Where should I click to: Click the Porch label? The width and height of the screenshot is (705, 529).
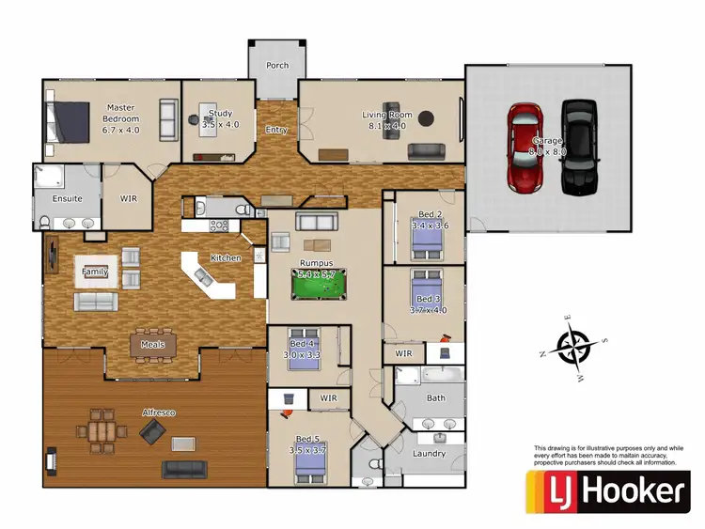coord(277,66)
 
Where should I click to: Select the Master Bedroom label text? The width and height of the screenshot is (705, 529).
coord(121,119)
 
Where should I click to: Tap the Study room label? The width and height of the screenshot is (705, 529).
coord(220,119)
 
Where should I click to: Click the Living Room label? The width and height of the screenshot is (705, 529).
coord(387,119)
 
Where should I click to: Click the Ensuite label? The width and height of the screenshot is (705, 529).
coord(67,198)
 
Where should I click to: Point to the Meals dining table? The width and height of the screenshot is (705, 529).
coord(152,339)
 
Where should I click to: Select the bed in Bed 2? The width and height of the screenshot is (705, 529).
coord(426,243)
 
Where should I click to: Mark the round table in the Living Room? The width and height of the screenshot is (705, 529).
coord(426,119)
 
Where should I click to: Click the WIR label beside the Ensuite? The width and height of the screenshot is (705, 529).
coord(129,198)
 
